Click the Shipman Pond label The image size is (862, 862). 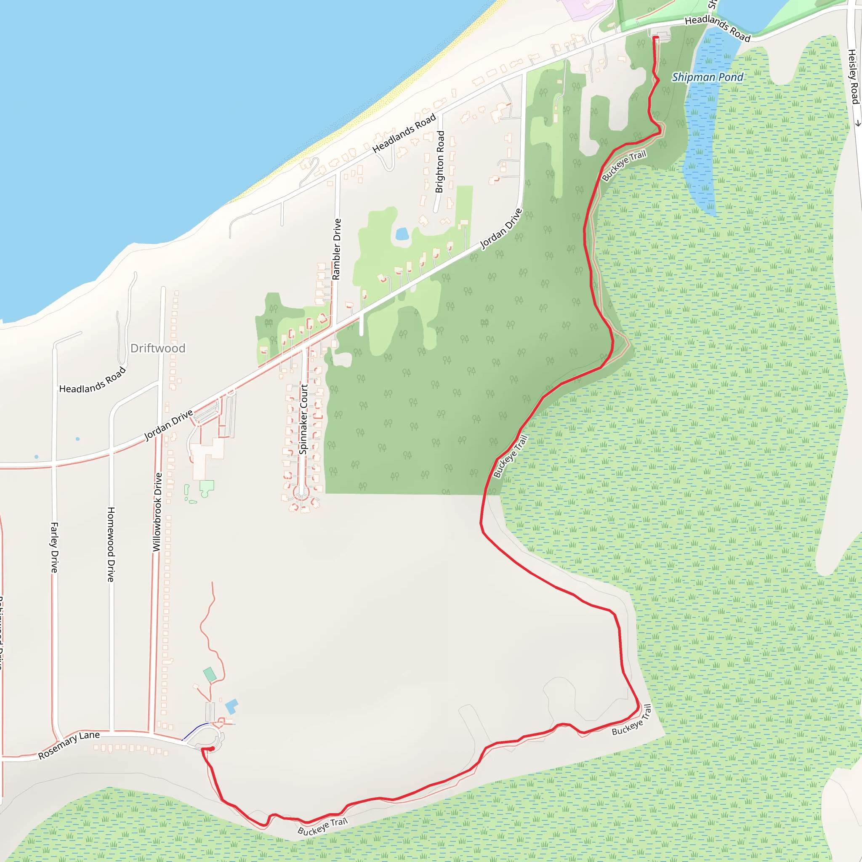[708, 77]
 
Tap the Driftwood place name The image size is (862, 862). [157, 348]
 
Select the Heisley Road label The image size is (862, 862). [853, 77]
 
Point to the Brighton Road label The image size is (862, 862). [440, 162]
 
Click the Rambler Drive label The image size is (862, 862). [337, 249]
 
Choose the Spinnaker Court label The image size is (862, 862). [303, 419]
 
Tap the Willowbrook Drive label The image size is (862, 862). [157, 512]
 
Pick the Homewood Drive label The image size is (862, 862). [111, 544]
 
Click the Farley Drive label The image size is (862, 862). [54, 548]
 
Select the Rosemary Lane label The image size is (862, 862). [69, 745]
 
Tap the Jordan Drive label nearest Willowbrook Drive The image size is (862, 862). [169, 425]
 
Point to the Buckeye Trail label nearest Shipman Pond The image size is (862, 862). [624, 166]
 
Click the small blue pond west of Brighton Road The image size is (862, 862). [402, 234]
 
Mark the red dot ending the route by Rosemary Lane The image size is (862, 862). [213, 749]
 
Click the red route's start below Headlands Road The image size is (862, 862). [655, 38]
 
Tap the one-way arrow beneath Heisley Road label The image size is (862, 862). [858, 123]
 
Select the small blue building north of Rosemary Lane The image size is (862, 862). [231, 706]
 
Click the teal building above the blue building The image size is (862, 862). [209, 674]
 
